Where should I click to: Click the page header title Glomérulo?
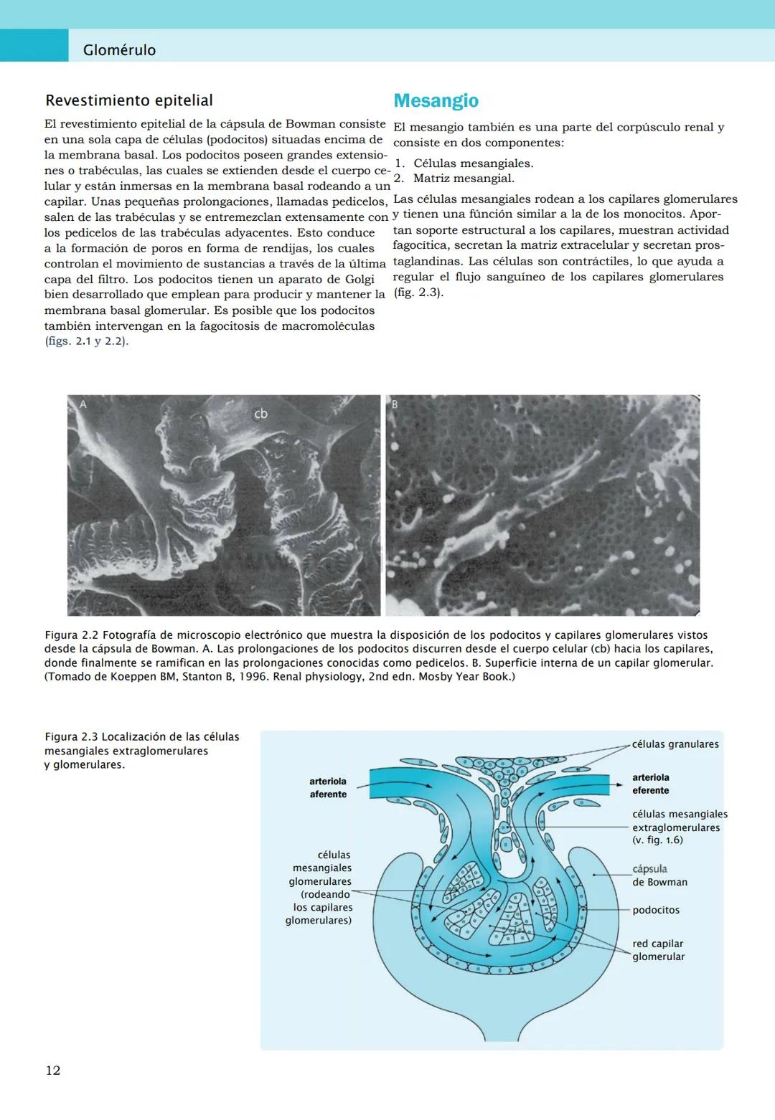coord(119,50)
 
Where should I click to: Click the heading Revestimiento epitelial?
coord(129,100)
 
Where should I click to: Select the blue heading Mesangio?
coord(436,100)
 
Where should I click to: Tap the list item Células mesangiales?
coord(472,163)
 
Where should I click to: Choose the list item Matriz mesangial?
coord(463,179)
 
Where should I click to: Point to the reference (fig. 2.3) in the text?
coord(418,293)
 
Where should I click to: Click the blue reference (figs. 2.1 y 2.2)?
coord(86,341)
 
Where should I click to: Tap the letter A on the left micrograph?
coord(83,404)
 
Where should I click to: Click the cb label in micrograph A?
coord(260,414)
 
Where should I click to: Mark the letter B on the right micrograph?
coord(394,404)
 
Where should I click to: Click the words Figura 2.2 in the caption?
coord(70,635)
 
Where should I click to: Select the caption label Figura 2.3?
coord(70,737)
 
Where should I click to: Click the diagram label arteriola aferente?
coord(328,788)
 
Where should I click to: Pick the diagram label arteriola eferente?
coord(650,784)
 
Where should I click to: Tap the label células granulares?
coord(675,744)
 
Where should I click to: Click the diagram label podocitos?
coord(656,910)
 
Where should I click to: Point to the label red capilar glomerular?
coord(658,950)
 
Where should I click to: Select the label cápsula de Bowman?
coord(659,875)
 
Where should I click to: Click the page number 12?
coord(53,1071)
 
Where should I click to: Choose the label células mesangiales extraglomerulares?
coord(680,821)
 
